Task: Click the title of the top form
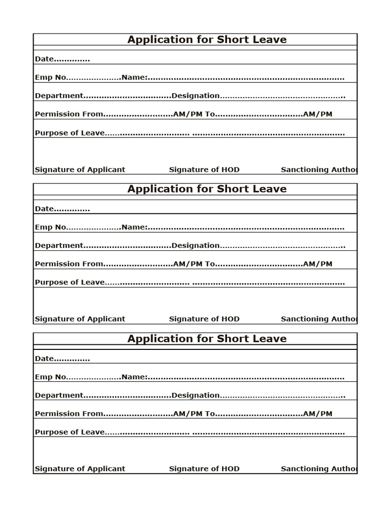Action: pyautogui.click(x=207, y=40)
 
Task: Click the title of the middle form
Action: pyautogui.click(x=207, y=189)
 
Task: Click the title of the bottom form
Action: pyautogui.click(x=207, y=339)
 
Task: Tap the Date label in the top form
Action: pyautogui.click(x=44, y=59)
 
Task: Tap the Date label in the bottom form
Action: pyautogui.click(x=44, y=359)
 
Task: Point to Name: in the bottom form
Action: pyautogui.click(x=135, y=377)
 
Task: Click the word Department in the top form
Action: pyautogui.click(x=58, y=95)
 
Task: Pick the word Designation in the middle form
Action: pyautogui.click(x=196, y=245)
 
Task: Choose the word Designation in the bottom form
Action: pyautogui.click(x=196, y=395)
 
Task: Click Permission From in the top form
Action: pyautogui.click(x=69, y=114)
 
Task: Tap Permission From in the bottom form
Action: pyautogui.click(x=69, y=414)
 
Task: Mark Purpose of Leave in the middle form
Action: pyautogui.click(x=70, y=282)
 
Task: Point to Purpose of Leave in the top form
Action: pyautogui.click(x=70, y=133)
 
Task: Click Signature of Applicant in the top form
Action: pyautogui.click(x=80, y=170)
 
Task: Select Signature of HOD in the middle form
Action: pyautogui.click(x=204, y=319)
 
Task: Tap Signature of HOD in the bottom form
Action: pyautogui.click(x=204, y=469)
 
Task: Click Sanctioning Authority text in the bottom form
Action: pyautogui.click(x=319, y=469)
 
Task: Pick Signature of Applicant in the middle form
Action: pyautogui.click(x=80, y=319)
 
